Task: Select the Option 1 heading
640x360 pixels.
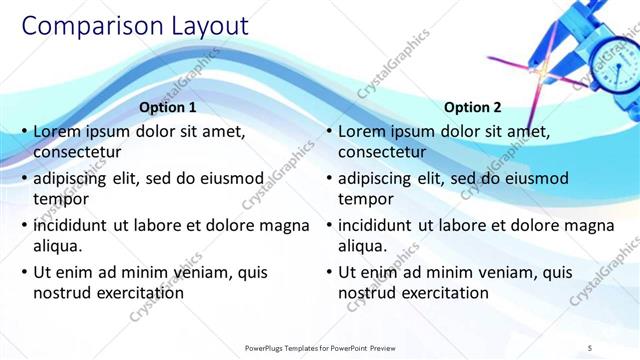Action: click(x=168, y=107)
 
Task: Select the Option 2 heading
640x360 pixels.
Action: click(x=472, y=107)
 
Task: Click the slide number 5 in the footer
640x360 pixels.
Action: click(x=590, y=347)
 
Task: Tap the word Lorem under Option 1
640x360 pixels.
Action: click(x=57, y=131)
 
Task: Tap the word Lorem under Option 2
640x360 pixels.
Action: click(x=361, y=131)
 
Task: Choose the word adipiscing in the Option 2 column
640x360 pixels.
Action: click(x=374, y=178)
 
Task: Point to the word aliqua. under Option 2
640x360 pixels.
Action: click(x=362, y=246)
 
